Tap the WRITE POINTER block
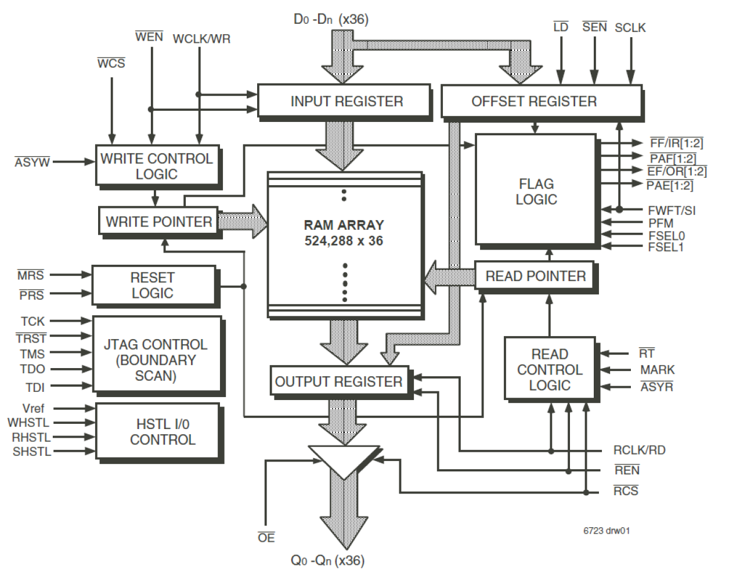coord(158,222)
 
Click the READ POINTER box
coord(535,276)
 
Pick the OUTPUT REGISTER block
coord(340,381)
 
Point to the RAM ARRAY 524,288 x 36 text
coord(344,233)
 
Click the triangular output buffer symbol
coord(344,459)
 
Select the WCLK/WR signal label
coord(201,39)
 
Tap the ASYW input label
coord(33,163)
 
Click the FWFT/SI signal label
coord(671,210)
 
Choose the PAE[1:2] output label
coord(670,185)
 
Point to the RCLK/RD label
coord(639,451)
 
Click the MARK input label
coord(657,370)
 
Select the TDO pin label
coord(33,369)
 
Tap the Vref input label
coord(33,409)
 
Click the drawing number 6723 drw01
coord(607,531)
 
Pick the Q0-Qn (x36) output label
coord(327,561)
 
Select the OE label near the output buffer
coord(266,538)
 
